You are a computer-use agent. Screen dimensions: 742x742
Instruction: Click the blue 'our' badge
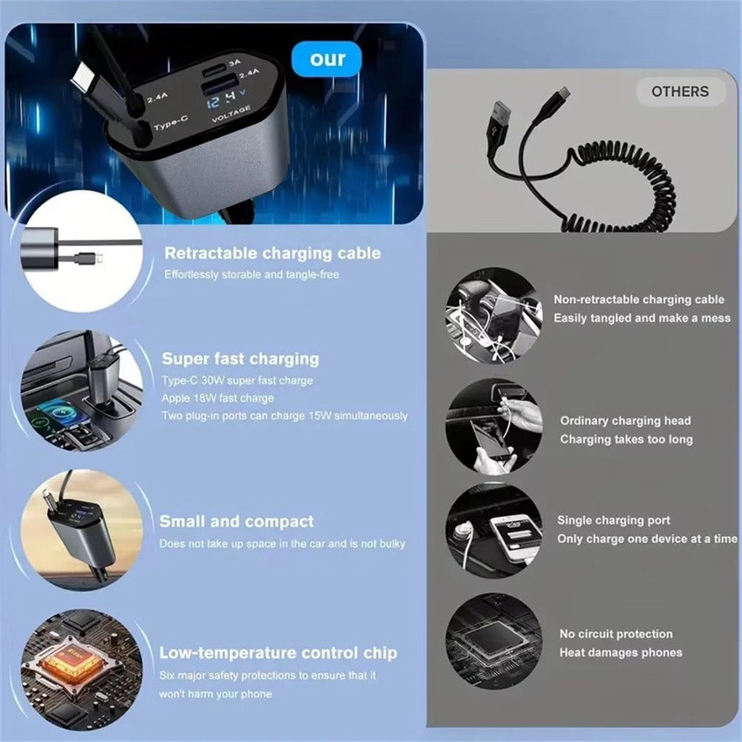326,59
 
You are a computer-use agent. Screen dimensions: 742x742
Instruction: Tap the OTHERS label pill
680,92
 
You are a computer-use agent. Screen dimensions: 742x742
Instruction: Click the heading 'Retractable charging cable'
272,253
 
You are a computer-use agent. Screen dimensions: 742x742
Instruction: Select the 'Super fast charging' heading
240,359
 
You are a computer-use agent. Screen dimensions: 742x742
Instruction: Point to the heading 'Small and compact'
237,521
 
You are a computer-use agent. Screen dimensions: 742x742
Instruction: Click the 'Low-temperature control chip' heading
278,653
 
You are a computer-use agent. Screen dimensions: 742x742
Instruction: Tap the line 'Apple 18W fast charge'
217,398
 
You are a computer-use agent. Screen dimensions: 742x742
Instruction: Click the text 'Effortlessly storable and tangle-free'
251,274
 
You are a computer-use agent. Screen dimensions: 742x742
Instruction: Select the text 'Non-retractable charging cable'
639,299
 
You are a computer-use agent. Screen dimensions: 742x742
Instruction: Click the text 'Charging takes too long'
627,440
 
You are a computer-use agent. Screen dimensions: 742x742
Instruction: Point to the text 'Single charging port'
614,520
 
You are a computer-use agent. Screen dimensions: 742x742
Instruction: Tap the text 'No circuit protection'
616,634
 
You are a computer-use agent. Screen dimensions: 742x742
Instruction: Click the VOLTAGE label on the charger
231,114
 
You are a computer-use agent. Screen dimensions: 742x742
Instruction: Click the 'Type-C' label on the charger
171,123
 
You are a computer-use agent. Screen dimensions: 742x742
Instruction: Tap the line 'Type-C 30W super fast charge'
237,381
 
